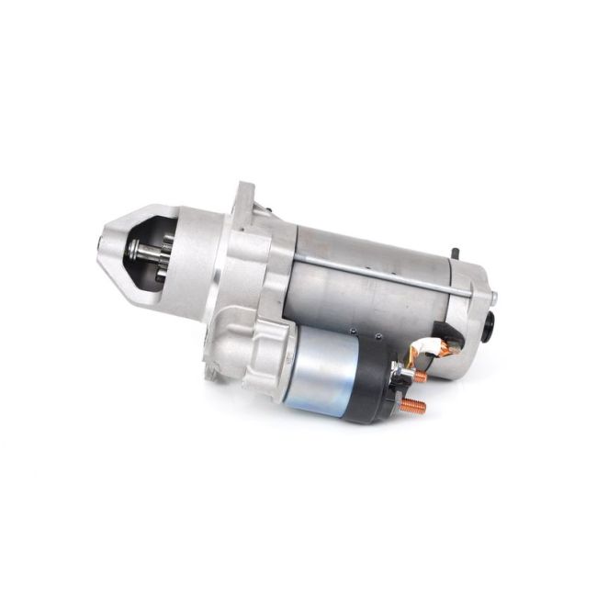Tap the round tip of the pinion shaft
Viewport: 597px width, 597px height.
(134, 248)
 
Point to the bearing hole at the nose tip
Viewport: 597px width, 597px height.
(102, 244)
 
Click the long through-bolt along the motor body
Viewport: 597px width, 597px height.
(386, 273)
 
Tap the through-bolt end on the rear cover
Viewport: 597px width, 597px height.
(493, 297)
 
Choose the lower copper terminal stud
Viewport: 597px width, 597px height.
(414, 406)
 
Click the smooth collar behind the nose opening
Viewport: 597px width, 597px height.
(197, 262)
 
